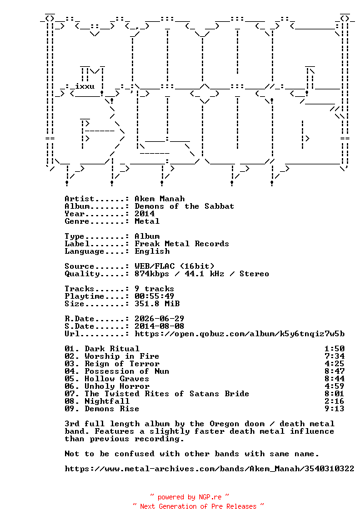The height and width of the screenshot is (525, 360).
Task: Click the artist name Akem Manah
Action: pyautogui.click(x=159, y=199)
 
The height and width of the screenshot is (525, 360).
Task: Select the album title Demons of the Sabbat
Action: pyautogui.click(x=184, y=206)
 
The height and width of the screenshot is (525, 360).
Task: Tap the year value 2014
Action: pyautogui.click(x=144, y=214)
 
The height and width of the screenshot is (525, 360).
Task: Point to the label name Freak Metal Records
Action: pyautogui.click(x=182, y=244)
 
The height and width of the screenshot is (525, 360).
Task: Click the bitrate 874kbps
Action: pyautogui.click(x=152, y=274)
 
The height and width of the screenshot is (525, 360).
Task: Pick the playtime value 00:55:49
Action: pyautogui.click(x=154, y=296)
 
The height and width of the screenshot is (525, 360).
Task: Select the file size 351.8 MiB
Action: pyautogui.click(x=157, y=304)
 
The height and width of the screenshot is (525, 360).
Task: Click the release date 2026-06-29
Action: pyautogui.click(x=159, y=319)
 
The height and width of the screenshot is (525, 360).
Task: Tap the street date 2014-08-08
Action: pyautogui.click(x=159, y=326)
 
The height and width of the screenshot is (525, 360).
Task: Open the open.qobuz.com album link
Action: pyautogui.click(x=239, y=334)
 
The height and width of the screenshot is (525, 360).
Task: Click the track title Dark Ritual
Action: pyautogui.click(x=112, y=349)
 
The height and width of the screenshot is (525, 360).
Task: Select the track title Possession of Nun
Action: pyautogui.click(x=127, y=371)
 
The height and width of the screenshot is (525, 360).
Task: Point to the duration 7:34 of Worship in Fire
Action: pyautogui.click(x=334, y=356)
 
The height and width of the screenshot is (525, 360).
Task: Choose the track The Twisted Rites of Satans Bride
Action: pyautogui.click(x=167, y=394)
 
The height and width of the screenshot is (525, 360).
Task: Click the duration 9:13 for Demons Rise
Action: pyautogui.click(x=334, y=409)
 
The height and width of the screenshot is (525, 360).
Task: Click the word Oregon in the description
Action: pyautogui.click(x=224, y=424)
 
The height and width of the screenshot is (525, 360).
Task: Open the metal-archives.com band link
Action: pyautogui.click(x=209, y=469)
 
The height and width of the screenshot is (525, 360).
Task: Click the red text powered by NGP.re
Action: pyautogui.click(x=189, y=497)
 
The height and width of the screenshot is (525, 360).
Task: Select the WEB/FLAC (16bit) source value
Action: pyautogui.click(x=174, y=266)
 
